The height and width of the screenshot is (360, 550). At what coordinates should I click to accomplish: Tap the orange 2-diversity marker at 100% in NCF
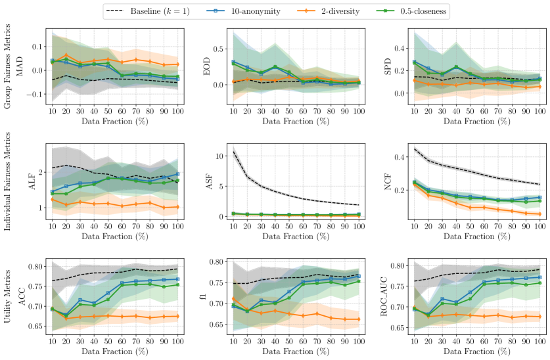point(539,214)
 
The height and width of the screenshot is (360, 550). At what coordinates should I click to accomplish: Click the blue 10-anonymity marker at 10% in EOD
point(233,62)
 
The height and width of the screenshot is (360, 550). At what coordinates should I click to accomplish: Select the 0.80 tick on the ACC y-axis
point(37,267)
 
